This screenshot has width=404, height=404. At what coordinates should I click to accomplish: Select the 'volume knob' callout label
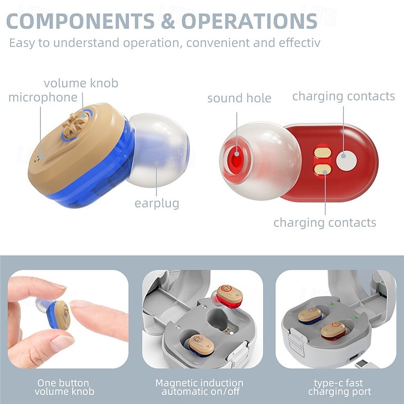pyautogui.click(x=81, y=83)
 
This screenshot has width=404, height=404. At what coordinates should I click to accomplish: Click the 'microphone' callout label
pyautogui.click(x=43, y=97)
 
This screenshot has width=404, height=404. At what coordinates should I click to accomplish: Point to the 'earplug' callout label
pyautogui.click(x=157, y=204)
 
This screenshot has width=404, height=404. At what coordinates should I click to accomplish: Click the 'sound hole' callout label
pyautogui.click(x=239, y=98)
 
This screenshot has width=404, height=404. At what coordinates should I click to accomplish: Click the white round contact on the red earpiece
pyautogui.click(x=347, y=160)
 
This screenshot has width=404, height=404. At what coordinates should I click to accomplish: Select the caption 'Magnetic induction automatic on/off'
pyautogui.click(x=199, y=387)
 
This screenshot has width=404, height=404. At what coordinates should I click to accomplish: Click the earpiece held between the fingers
pyautogui.click(x=58, y=315)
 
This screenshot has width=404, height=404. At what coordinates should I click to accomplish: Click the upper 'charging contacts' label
pyautogui.click(x=343, y=96)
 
